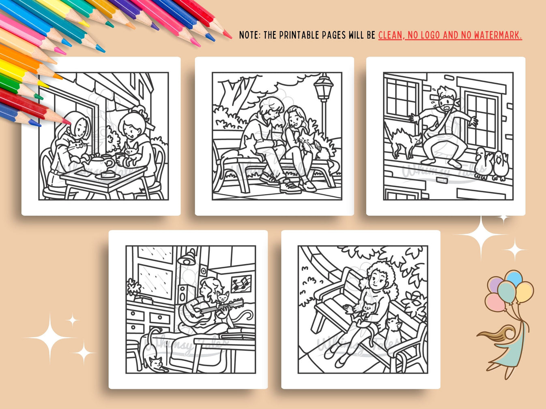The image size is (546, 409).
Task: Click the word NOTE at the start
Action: [x=249, y=35]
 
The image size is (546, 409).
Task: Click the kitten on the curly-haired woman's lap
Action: [x=367, y=310]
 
